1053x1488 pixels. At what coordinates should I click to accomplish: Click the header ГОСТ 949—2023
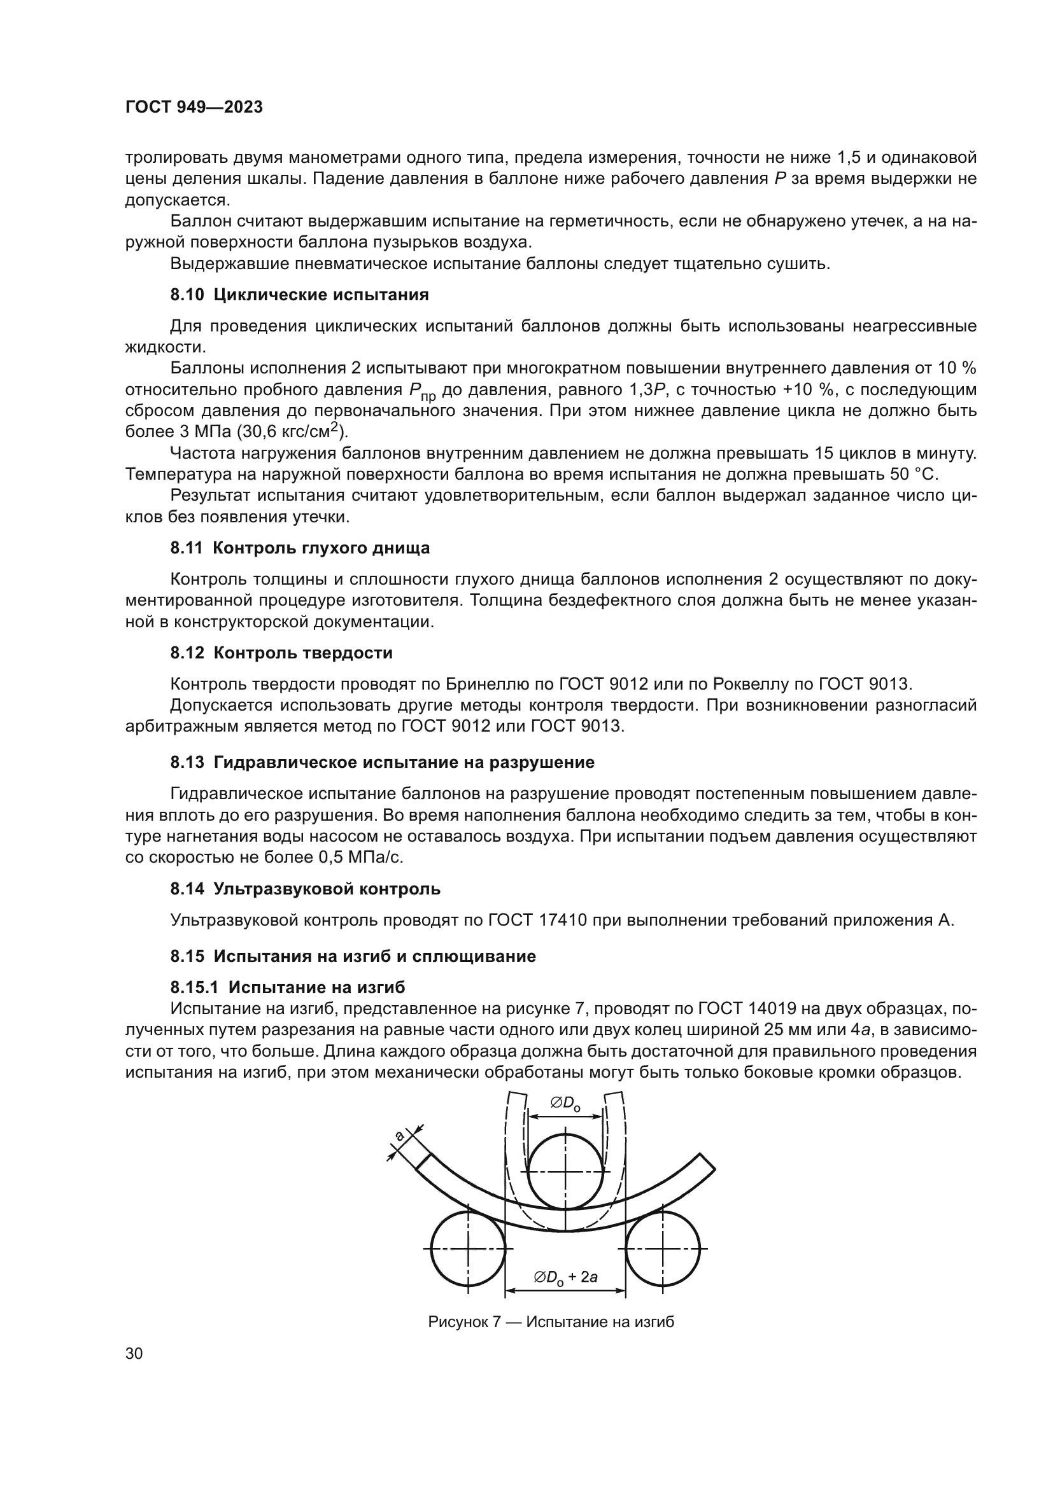pyautogui.click(x=194, y=108)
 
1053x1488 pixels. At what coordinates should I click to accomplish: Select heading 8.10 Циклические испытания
pyautogui.click(x=300, y=295)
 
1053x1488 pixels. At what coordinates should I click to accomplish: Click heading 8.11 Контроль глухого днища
pyautogui.click(x=300, y=548)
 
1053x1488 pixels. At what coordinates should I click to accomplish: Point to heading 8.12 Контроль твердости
pyautogui.click(x=281, y=653)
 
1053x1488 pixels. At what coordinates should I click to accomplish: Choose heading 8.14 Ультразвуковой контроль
pyautogui.click(x=306, y=889)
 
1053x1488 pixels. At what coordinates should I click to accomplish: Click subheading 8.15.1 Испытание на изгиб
pyautogui.click(x=287, y=987)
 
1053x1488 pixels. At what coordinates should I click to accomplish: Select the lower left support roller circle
pyautogui.click(x=467, y=1248)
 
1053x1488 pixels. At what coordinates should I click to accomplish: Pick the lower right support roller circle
pyautogui.click(x=663, y=1248)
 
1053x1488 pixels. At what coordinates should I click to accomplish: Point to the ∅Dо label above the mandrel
pyautogui.click(x=565, y=1104)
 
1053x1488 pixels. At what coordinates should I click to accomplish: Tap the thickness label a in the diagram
pyautogui.click(x=400, y=1136)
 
